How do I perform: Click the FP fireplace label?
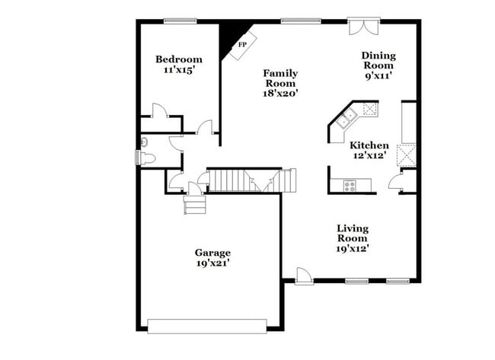point(243,45)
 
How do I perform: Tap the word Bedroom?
point(179,59)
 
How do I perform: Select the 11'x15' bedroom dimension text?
point(179,70)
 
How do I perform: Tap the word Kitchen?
point(369,145)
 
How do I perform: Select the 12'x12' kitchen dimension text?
point(369,156)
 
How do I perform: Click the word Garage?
point(212,253)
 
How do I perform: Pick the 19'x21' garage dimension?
point(212,263)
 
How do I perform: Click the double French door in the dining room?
point(362,27)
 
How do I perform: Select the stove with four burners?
point(351,184)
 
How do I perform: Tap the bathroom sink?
point(145,142)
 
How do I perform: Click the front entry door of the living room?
point(303,276)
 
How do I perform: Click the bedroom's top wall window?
point(177,21)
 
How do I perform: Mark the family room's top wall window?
point(293,21)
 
